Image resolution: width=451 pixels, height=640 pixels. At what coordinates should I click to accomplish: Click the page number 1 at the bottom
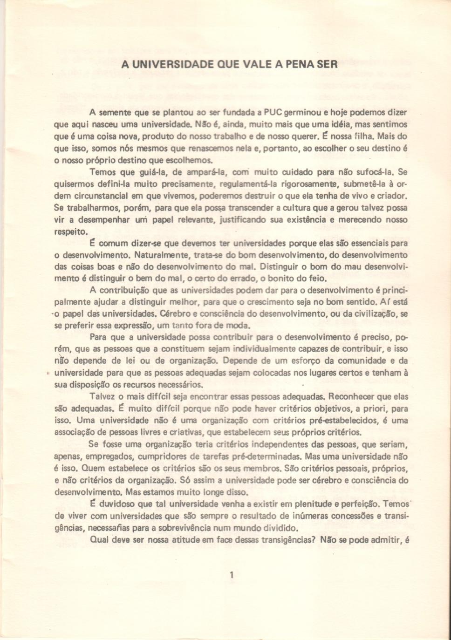pyautogui.click(x=232, y=575)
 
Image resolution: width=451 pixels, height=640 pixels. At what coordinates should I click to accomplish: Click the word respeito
pyautogui.click(x=70, y=231)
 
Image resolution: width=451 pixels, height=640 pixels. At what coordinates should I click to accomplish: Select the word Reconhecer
pyautogui.click(x=355, y=397)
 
